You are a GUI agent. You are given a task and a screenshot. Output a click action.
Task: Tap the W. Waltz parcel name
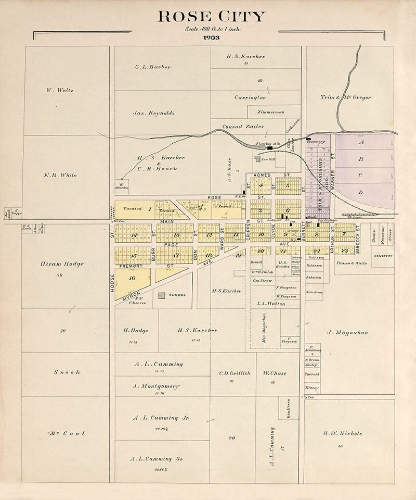point(60,90)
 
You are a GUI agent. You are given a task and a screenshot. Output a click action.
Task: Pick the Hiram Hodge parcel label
point(61,264)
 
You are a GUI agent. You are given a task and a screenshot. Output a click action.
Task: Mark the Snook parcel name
point(67,372)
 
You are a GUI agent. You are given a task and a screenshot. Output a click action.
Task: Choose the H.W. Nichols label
point(342,433)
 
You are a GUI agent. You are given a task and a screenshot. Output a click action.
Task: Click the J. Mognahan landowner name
point(347,332)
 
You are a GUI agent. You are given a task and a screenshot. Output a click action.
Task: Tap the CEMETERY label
point(382,256)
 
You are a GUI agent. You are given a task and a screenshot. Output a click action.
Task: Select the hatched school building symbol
point(163,295)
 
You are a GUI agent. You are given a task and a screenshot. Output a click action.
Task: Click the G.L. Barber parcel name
point(152,67)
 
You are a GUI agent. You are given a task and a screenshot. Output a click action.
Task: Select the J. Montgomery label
point(156,386)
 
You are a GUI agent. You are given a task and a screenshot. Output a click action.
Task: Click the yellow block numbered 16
point(132,278)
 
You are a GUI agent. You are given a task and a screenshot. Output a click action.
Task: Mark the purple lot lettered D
point(360,193)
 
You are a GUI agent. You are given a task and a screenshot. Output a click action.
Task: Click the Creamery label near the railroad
point(316,141)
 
